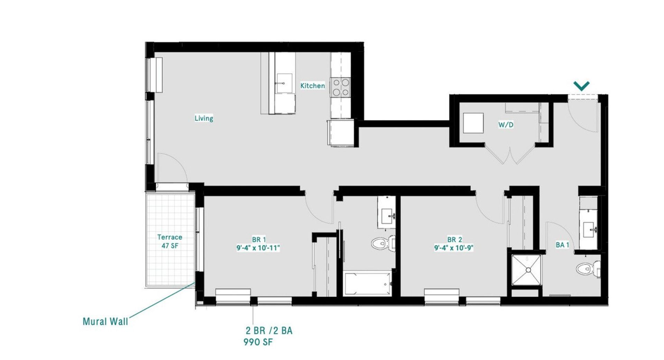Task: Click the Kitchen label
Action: (x=312, y=85)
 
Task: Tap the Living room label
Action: (x=204, y=118)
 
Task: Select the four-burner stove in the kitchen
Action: (x=341, y=87)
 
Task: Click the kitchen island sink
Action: (x=284, y=83)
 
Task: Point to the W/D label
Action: (x=506, y=124)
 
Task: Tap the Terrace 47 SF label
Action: (x=169, y=241)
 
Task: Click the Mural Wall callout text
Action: (x=105, y=321)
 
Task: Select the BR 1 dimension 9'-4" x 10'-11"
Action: (x=258, y=248)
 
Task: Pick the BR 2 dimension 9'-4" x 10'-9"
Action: (x=454, y=248)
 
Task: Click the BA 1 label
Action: (x=562, y=245)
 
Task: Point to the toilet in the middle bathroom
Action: (x=383, y=243)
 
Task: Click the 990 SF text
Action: (x=258, y=342)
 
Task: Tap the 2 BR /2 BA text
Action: (x=269, y=331)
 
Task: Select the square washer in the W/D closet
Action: (x=473, y=123)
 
